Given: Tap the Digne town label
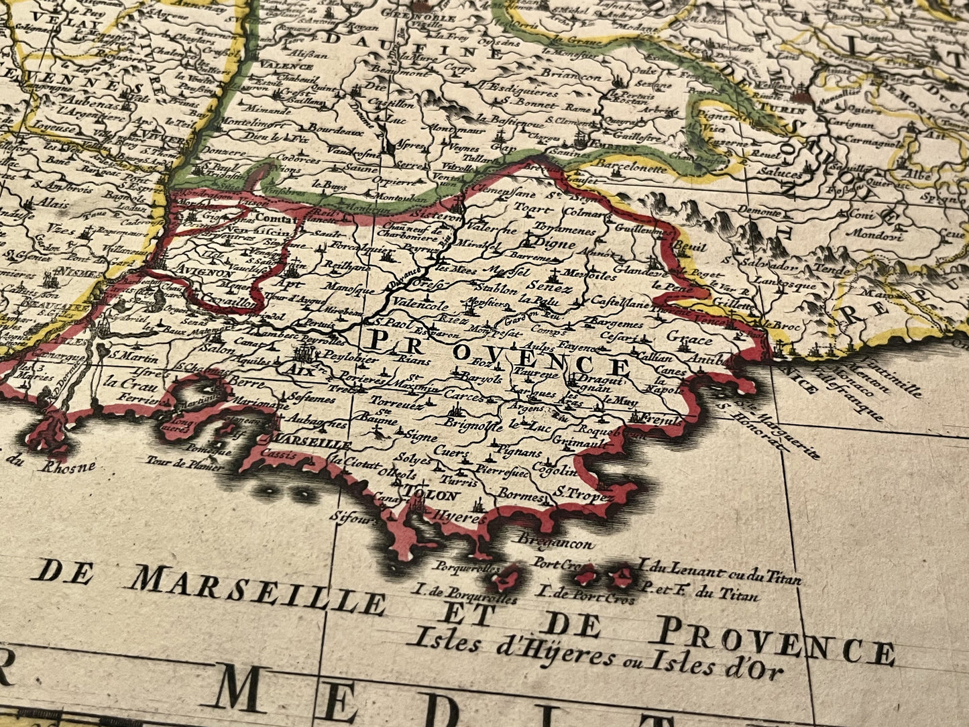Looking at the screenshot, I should click(x=556, y=244).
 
